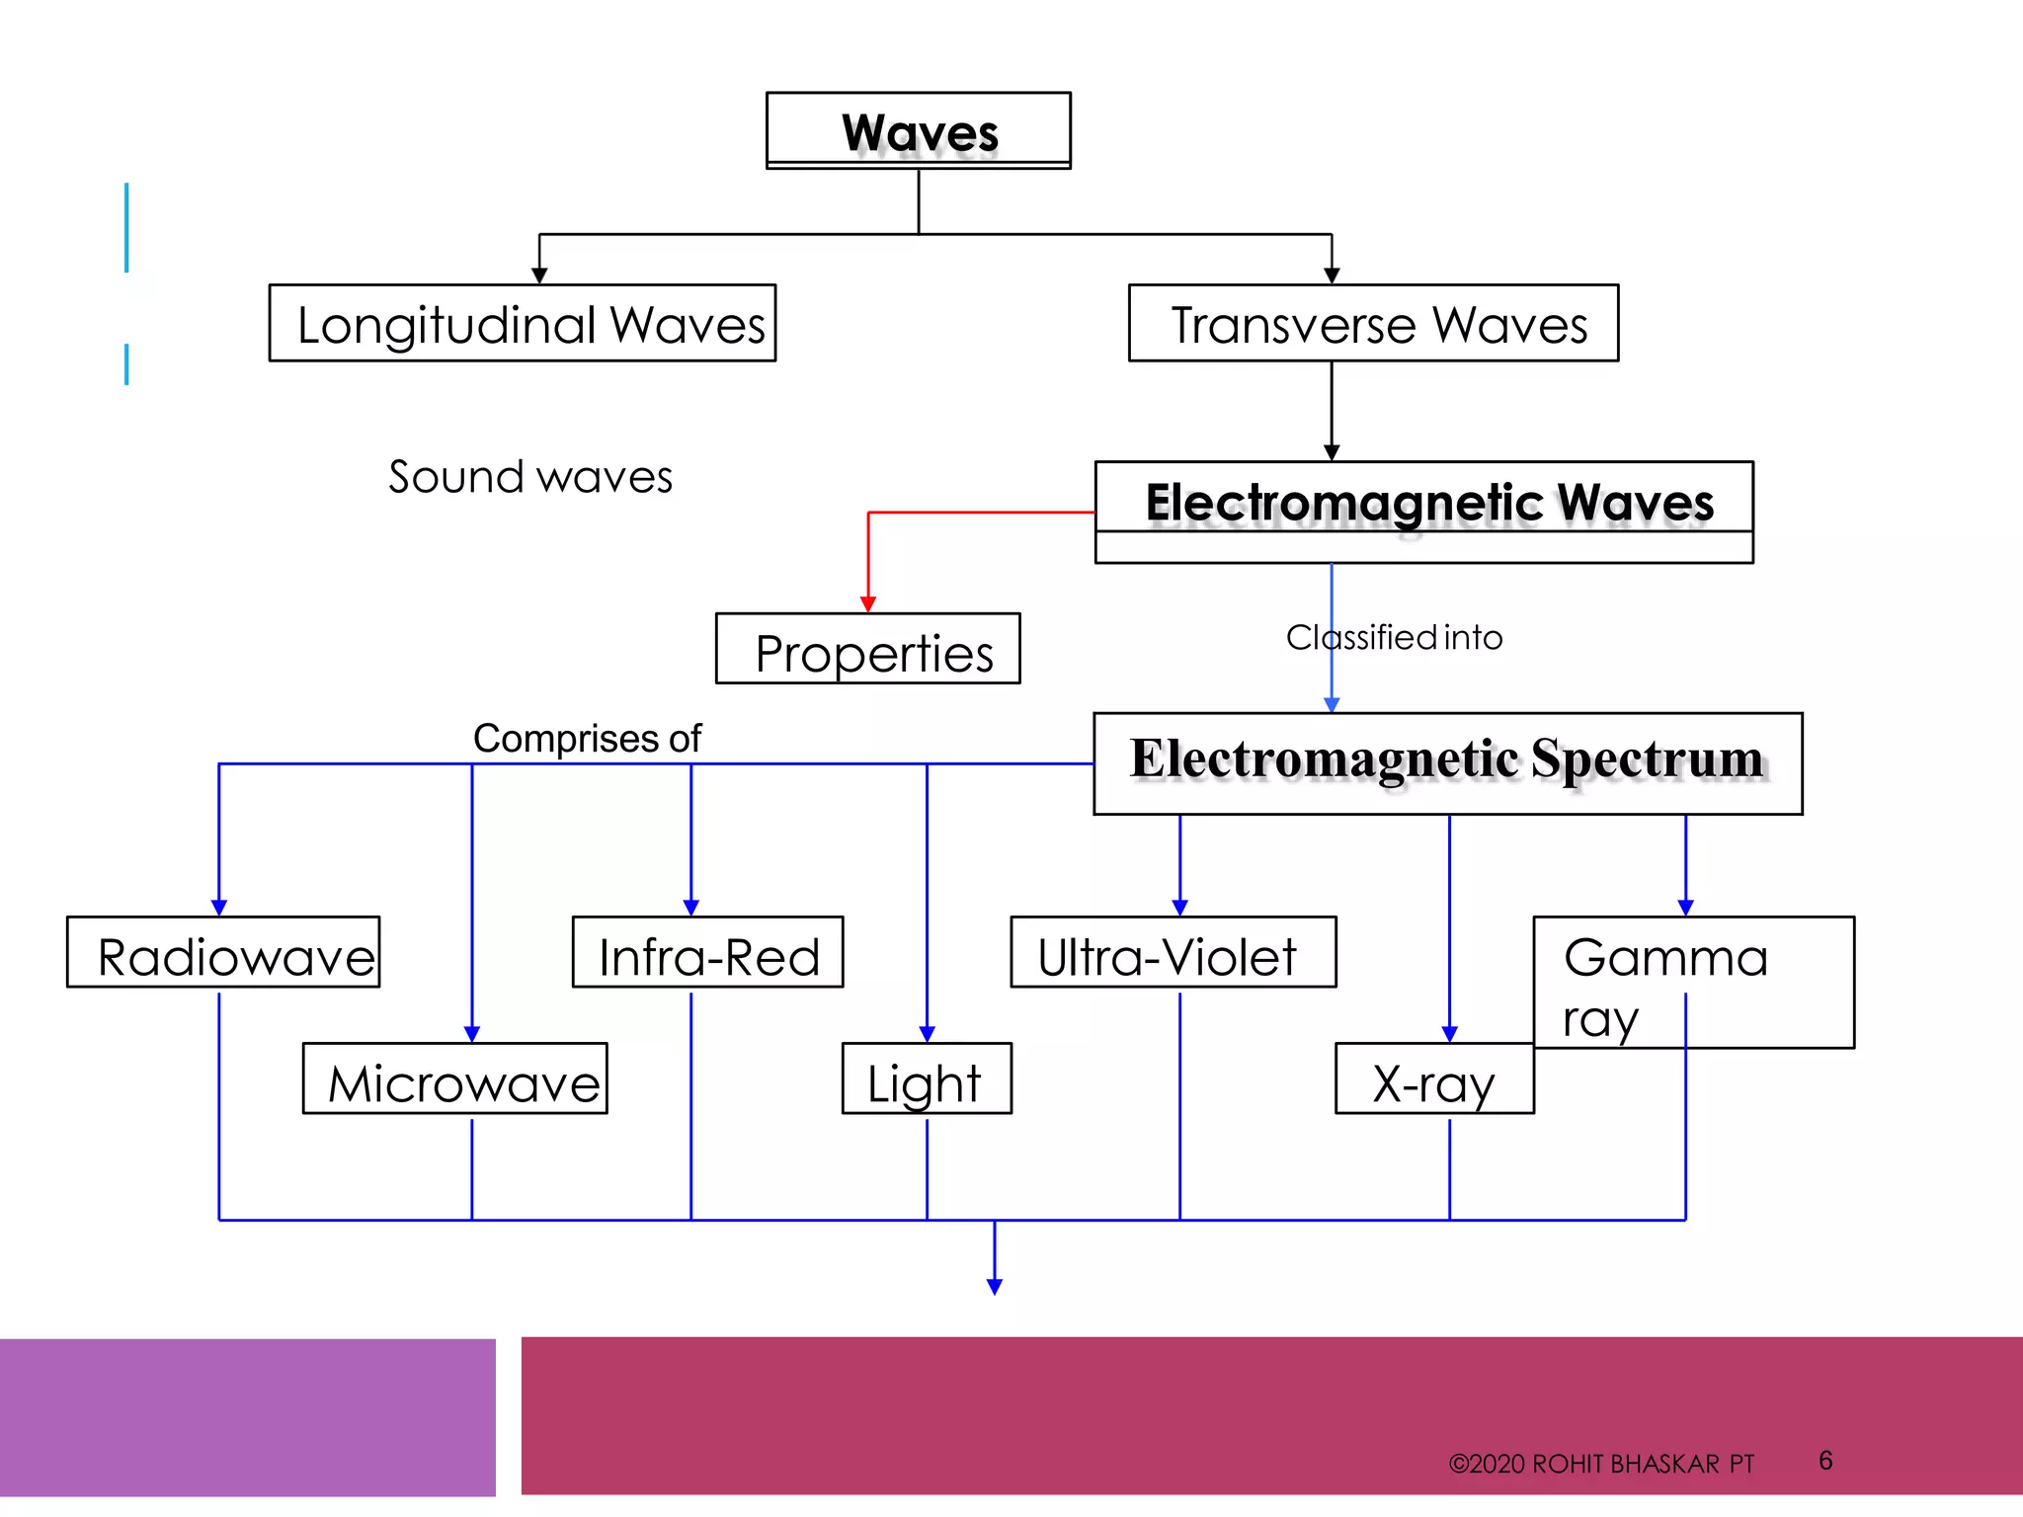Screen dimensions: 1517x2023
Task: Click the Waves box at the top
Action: coord(919,130)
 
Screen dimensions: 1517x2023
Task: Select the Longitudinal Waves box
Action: coord(523,323)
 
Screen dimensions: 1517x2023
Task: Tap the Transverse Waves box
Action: coord(1373,323)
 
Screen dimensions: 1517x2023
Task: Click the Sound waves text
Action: coord(530,477)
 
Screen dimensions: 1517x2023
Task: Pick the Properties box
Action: coord(867,650)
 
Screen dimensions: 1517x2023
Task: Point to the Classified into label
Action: coord(1394,638)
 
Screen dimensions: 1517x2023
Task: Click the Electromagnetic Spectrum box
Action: coord(1447,762)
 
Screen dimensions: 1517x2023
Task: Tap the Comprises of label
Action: coord(587,738)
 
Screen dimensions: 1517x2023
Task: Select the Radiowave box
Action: coord(224,953)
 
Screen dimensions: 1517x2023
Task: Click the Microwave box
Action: coord(455,1078)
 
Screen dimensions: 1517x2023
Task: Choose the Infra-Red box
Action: coord(707,953)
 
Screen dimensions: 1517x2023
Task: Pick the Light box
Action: coord(926,1079)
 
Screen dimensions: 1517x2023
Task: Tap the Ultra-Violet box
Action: coord(1172,953)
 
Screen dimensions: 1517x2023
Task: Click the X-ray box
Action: coord(1433,1079)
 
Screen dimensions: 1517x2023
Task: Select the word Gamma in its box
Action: coord(1665,957)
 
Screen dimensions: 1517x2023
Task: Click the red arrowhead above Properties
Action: coord(868,603)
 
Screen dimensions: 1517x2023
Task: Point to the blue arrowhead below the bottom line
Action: coord(995,1286)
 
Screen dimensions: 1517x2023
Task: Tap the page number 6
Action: coord(1825,1460)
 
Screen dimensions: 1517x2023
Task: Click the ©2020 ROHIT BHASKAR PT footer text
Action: coord(1600,1464)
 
